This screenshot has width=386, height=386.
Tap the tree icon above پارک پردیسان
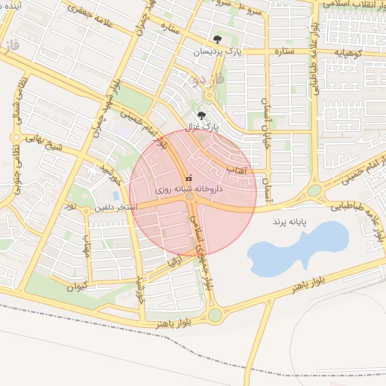pos(217,39)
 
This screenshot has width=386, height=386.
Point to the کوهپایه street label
pos(350,51)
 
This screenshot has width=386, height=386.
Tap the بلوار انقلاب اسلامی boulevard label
pos(354,5)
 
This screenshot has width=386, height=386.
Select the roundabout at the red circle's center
pos(192,196)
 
